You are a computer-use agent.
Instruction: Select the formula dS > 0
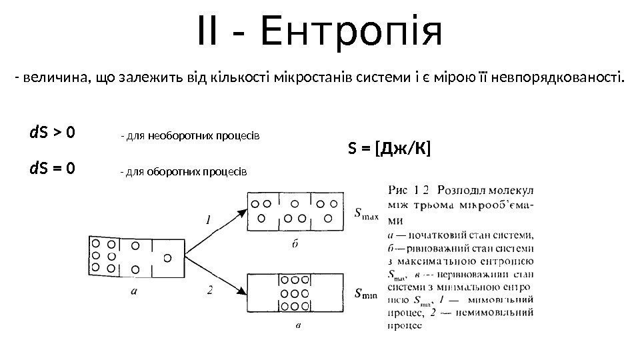(x=52, y=133)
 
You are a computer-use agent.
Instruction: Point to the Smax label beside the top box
(x=367, y=214)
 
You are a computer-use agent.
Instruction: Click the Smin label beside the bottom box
(x=367, y=293)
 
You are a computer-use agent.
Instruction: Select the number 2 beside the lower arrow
(x=210, y=290)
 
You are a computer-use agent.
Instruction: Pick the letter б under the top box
(x=294, y=244)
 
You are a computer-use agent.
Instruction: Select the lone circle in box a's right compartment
(x=167, y=257)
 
